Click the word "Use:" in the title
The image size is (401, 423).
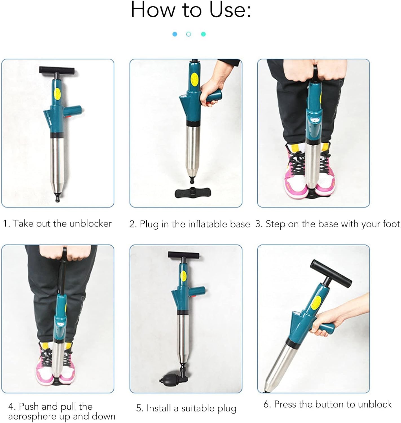[x=230, y=10]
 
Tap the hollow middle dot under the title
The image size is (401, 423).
[x=189, y=34]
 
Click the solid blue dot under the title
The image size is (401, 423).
[x=175, y=34]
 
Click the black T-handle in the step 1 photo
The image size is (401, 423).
[x=57, y=70]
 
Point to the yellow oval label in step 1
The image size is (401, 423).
[x=57, y=94]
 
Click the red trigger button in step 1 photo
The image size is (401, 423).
[x=69, y=117]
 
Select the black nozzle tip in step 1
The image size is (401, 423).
[x=58, y=197]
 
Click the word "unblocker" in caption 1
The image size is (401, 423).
[x=91, y=224]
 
